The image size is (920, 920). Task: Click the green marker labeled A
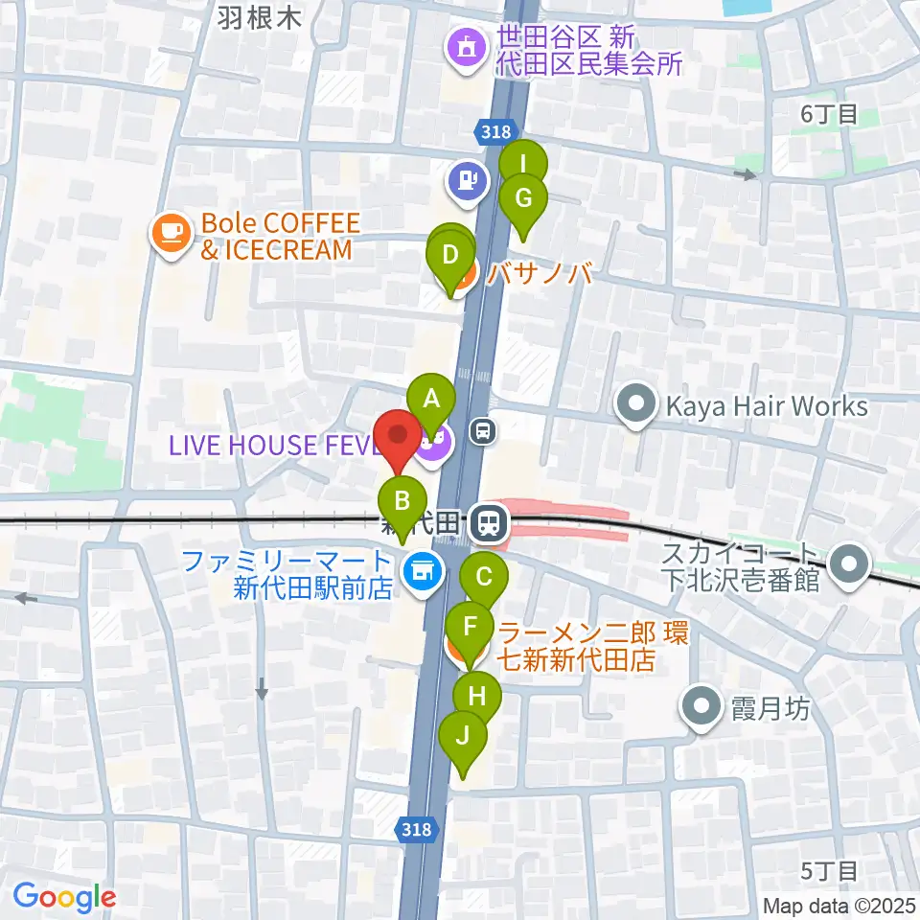(x=431, y=397)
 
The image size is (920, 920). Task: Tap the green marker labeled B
(x=403, y=501)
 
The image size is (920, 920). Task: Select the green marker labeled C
(x=484, y=577)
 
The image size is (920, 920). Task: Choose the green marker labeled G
(x=523, y=199)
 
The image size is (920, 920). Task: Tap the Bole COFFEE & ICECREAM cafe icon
(x=172, y=232)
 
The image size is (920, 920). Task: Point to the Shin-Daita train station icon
(x=490, y=523)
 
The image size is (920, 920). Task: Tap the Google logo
(x=64, y=897)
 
